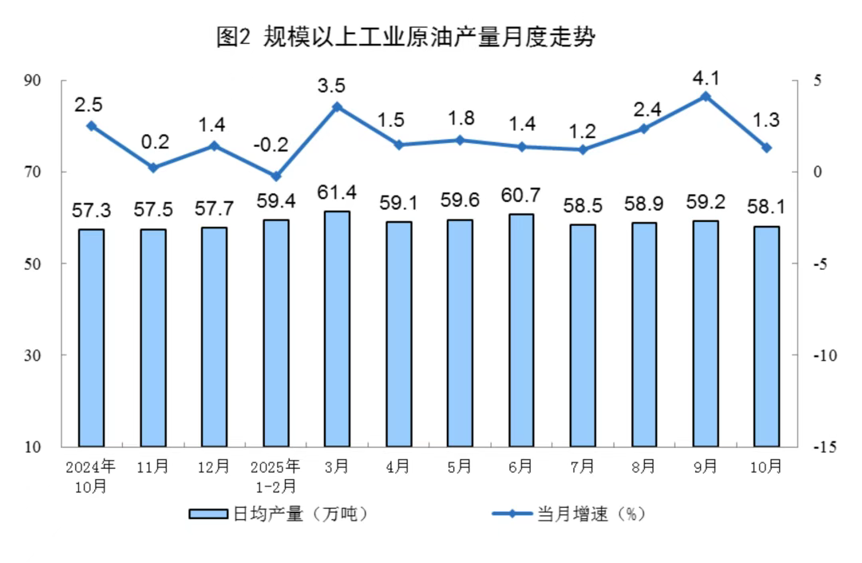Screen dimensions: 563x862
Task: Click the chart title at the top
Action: pyautogui.click(x=406, y=38)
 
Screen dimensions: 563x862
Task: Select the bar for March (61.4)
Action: pyautogui.click(x=337, y=328)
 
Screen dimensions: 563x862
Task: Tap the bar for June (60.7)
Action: pyautogui.click(x=521, y=330)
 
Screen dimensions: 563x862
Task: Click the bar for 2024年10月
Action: pyautogui.click(x=91, y=338)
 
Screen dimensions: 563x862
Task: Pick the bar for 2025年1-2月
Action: pyautogui.click(x=275, y=333)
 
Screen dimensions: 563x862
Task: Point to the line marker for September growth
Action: pyautogui.click(x=705, y=97)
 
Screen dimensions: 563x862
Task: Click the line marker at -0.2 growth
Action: pyautogui.click(x=275, y=176)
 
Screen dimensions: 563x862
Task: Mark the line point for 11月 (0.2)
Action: pyautogui.click(x=152, y=168)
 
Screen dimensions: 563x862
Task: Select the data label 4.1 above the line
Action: pyautogui.click(x=706, y=78)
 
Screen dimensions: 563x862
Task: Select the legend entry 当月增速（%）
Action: pyautogui.click(x=568, y=514)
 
